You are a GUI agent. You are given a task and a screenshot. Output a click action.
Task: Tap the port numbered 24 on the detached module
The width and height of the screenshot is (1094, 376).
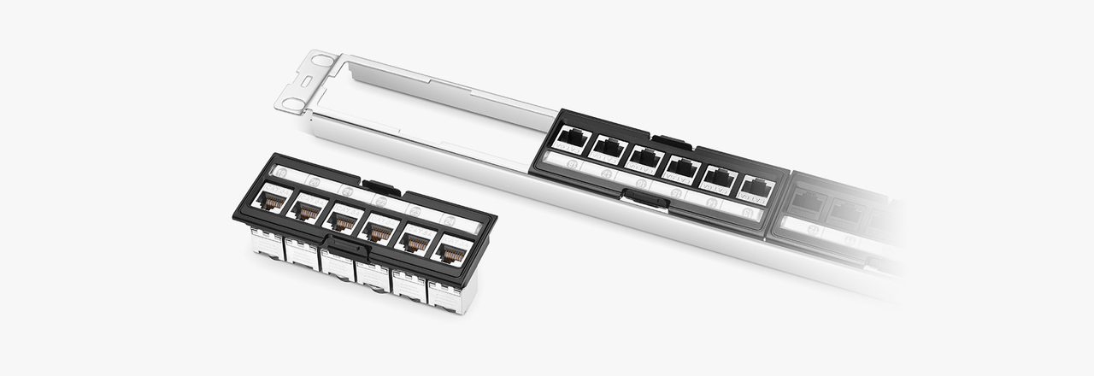(450, 253)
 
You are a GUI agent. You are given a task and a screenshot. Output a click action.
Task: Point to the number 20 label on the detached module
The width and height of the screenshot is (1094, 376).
(313, 183)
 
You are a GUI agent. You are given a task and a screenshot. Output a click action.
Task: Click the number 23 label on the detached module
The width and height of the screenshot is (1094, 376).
(415, 211)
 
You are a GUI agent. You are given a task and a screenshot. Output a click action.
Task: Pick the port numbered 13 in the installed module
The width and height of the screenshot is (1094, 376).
(572, 138)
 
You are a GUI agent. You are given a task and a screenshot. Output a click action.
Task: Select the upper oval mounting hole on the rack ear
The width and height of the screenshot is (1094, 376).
(323, 60)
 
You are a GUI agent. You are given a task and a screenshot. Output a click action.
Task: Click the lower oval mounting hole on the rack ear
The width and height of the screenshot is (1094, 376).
(293, 104)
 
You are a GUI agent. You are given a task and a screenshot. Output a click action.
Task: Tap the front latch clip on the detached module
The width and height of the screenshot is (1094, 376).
(347, 248)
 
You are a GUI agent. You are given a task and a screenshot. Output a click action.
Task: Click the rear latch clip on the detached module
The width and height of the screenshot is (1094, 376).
(381, 185)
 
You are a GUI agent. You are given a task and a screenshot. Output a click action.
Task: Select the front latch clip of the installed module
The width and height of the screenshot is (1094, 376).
(645, 199)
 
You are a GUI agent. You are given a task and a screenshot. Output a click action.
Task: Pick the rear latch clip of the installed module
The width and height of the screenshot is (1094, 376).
(670, 141)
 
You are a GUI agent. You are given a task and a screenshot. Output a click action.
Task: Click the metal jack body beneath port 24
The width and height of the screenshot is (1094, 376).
(448, 296)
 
